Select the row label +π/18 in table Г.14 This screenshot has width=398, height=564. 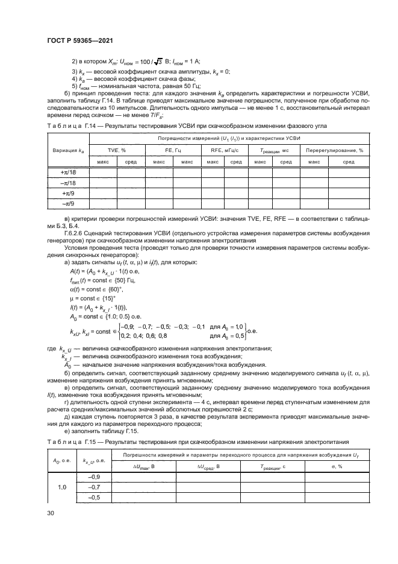[x=68, y=171]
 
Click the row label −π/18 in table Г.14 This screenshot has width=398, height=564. [x=68, y=182]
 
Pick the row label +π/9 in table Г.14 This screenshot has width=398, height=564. [x=68, y=193]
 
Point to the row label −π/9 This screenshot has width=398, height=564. [x=68, y=204]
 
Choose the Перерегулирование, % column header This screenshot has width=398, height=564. [x=335, y=150]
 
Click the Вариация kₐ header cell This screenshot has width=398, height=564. [x=68, y=150]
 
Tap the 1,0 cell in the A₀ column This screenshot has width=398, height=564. [x=63, y=486]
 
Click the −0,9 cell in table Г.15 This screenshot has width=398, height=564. [x=94, y=475]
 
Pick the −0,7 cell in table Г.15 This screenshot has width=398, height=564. [x=94, y=486]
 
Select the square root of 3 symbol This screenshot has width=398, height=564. [x=159, y=62]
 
